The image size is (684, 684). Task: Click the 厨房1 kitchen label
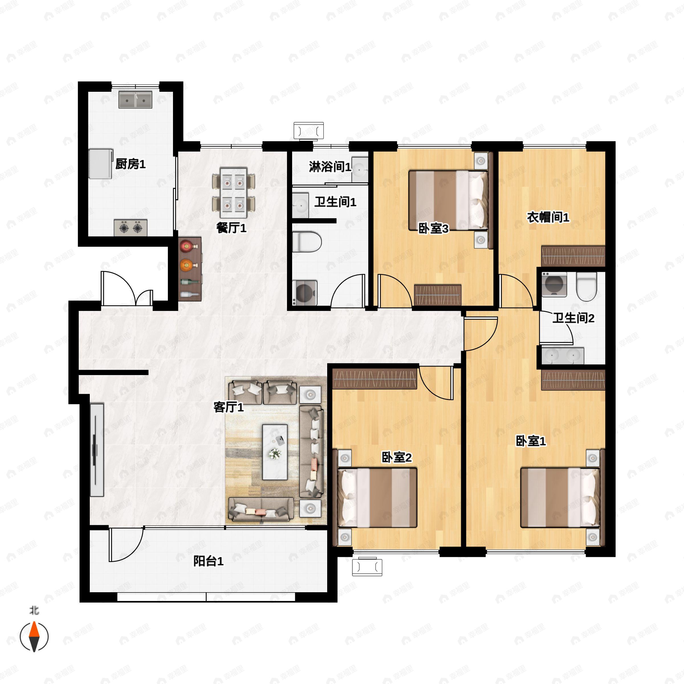[x=130, y=164]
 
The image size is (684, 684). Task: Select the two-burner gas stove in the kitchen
[x=130, y=228]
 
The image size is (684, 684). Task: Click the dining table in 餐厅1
[x=233, y=193]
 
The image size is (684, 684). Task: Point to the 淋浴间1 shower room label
[x=330, y=166]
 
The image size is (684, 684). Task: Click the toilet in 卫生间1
[x=307, y=242]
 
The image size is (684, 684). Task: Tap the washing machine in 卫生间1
[x=305, y=292]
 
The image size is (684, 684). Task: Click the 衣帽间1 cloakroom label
[x=548, y=217]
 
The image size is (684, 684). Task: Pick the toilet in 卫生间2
[x=586, y=286]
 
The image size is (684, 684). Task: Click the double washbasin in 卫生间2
[x=563, y=355]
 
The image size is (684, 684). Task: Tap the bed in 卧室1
[x=560, y=497]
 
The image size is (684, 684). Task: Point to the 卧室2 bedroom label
[x=396, y=457]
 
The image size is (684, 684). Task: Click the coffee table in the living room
[x=275, y=452]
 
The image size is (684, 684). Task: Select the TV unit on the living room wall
[x=96, y=450]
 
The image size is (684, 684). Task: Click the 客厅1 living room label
[x=229, y=407]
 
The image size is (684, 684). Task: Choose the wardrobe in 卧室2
[x=375, y=379]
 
